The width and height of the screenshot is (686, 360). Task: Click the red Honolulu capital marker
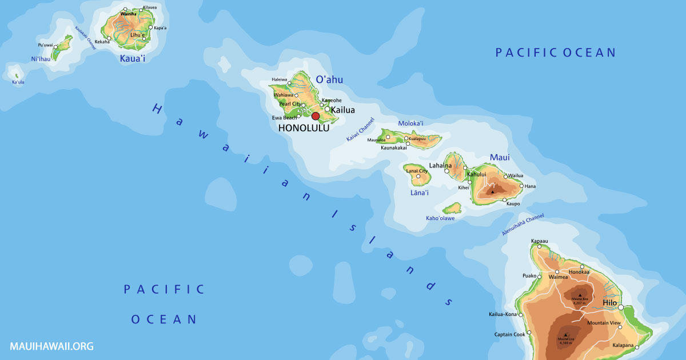click(x=316, y=116)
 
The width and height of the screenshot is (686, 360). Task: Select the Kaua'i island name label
click(x=132, y=58)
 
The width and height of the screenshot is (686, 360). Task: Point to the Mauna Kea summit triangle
click(x=580, y=295)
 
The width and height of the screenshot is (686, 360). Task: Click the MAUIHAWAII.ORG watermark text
click(x=51, y=346)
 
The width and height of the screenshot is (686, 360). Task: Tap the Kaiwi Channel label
click(x=360, y=130)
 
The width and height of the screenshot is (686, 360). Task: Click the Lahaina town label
click(x=440, y=165)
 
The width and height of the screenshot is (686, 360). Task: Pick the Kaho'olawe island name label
click(x=440, y=218)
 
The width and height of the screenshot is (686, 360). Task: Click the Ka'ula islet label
click(x=18, y=82)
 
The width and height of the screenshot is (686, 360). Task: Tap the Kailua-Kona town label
click(x=502, y=314)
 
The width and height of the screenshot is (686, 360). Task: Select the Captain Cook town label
click(x=509, y=334)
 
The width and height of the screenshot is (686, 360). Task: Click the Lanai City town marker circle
click(x=418, y=177)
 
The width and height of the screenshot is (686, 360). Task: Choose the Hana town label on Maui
click(x=530, y=186)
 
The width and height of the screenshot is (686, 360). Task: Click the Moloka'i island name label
click(x=410, y=123)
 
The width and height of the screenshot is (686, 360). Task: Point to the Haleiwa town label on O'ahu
click(x=280, y=79)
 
